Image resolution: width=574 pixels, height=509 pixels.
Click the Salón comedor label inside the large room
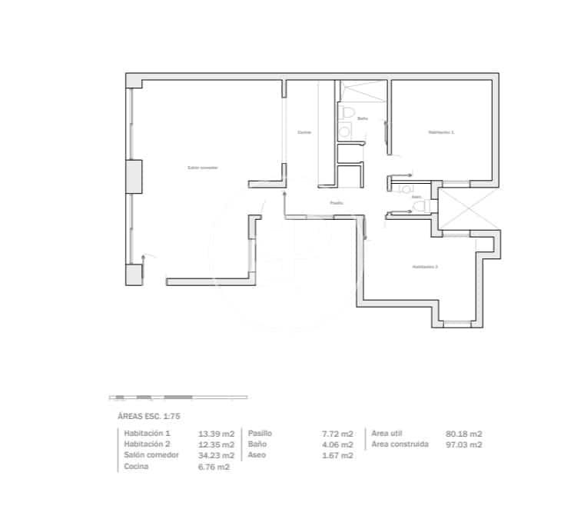click(x=203, y=168)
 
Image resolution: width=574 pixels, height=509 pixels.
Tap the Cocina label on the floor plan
click(x=304, y=133)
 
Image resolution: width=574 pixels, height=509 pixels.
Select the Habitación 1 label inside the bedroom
click(x=441, y=133)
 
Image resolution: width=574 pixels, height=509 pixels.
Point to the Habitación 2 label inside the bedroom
click(x=425, y=267)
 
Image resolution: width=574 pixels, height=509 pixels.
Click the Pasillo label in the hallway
click(x=337, y=203)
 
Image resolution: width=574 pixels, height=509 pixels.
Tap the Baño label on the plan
click(x=363, y=118)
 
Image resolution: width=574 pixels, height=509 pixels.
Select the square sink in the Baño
click(x=345, y=132)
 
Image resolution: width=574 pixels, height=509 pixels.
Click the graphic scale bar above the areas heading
click(x=179, y=398)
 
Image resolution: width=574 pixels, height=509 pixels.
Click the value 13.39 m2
click(x=216, y=434)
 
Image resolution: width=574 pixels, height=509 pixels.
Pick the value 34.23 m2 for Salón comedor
click(x=216, y=455)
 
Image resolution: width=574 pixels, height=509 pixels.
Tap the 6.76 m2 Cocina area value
click(x=214, y=467)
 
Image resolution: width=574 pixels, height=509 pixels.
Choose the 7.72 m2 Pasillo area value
click(x=337, y=434)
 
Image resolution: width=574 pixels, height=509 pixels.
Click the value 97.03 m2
click(x=464, y=444)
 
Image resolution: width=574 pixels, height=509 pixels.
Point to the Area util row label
click(x=387, y=434)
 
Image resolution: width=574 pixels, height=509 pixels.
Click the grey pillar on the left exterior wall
click(x=134, y=177)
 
